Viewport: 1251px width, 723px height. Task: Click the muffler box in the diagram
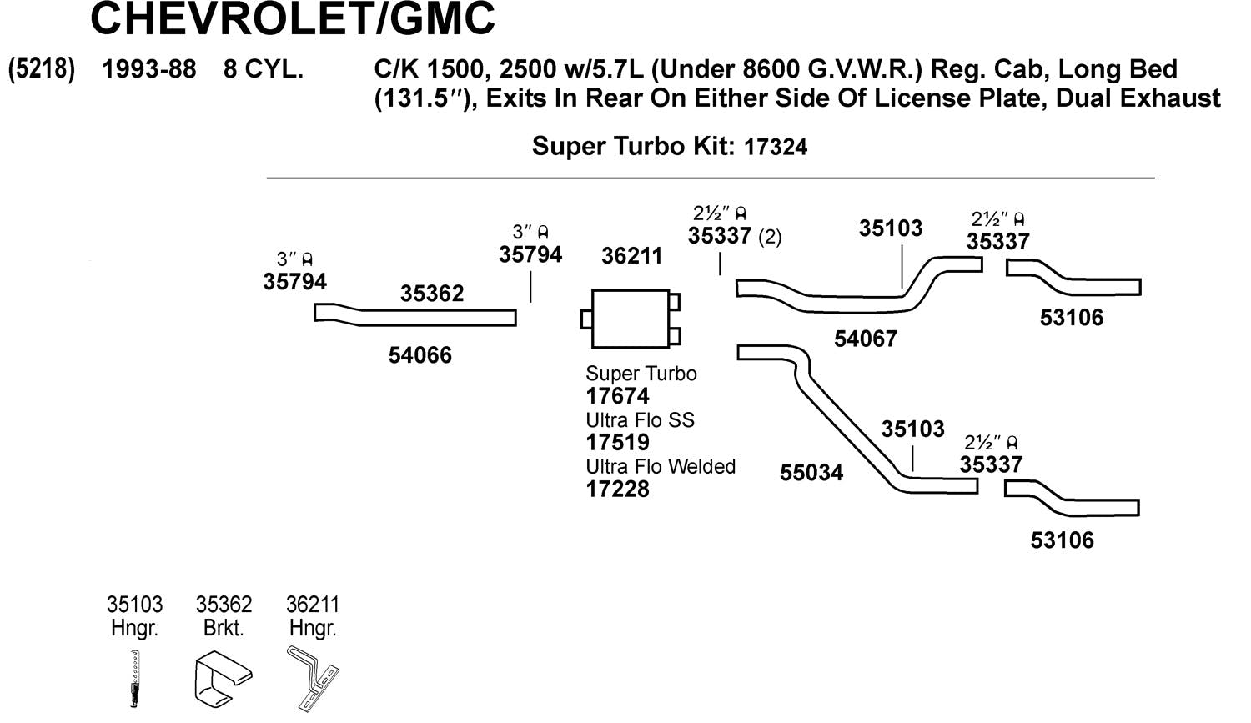point(630,319)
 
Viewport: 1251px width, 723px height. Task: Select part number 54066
point(420,355)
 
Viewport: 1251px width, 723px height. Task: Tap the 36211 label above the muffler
point(631,256)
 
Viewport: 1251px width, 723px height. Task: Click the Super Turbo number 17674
point(617,396)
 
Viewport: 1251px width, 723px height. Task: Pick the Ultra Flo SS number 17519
point(617,443)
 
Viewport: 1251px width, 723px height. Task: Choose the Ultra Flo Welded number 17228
point(617,490)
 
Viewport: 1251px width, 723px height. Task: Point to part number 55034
point(811,473)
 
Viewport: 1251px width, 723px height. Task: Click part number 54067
point(865,339)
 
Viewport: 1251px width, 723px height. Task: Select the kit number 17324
point(775,148)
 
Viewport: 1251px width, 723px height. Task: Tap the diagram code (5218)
point(41,69)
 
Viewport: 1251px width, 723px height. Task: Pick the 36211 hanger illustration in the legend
point(314,678)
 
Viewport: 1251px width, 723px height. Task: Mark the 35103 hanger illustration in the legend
point(134,678)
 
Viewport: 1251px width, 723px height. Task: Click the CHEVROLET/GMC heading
point(292,18)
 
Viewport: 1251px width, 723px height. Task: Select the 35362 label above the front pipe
point(431,294)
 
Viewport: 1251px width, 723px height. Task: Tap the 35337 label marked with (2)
point(719,236)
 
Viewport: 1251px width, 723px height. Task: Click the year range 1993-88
point(148,69)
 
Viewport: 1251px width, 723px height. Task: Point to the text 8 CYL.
point(263,69)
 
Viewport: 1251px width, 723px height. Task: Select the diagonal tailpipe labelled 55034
point(842,425)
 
